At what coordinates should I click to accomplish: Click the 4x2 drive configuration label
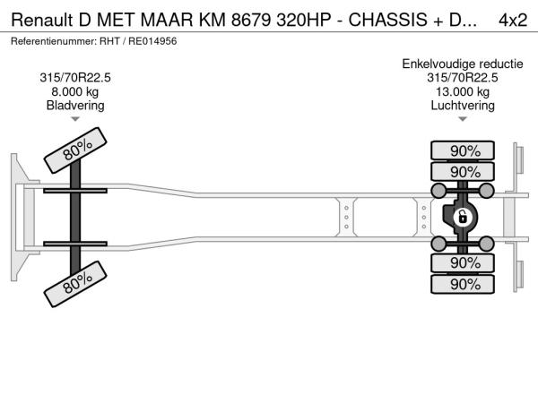[x=513, y=21]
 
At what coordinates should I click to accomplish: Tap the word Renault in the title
[x=42, y=21]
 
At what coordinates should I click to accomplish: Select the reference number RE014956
[x=152, y=41]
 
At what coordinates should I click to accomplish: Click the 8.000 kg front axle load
[x=75, y=92]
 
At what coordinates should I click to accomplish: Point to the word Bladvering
[x=75, y=106]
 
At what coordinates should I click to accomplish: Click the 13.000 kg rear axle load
[x=463, y=92]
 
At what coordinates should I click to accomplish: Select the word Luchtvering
[x=463, y=106]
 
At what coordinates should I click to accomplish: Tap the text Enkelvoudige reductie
[x=463, y=64]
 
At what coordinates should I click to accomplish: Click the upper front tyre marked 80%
[x=75, y=150]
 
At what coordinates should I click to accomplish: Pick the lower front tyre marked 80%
[x=75, y=284]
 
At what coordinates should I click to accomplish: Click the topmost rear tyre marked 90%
[x=463, y=150]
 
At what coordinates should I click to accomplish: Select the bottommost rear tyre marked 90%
[x=463, y=284]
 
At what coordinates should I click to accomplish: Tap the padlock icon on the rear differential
[x=462, y=218]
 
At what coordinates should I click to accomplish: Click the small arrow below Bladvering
[x=75, y=119]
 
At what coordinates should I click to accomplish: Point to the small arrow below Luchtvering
[x=463, y=119]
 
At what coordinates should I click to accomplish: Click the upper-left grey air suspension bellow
[x=438, y=191]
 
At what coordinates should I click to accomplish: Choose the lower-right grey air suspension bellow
[x=487, y=244]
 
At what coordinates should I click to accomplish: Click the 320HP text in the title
[x=304, y=21]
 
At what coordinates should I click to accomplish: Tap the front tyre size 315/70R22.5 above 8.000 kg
[x=75, y=78]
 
